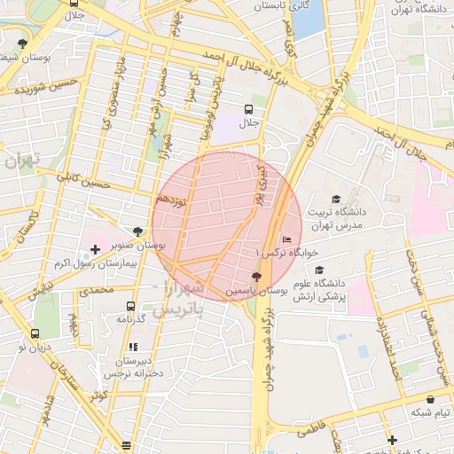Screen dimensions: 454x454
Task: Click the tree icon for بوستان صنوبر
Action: (137, 231)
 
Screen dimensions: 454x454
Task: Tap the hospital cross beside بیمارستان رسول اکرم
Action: (95, 249)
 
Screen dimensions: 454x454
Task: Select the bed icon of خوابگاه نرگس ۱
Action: (286, 239)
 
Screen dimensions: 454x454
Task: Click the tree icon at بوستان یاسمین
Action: (256, 277)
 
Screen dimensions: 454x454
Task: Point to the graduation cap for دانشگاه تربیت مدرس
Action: (335, 199)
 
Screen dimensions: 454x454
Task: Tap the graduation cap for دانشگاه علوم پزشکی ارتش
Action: (319, 270)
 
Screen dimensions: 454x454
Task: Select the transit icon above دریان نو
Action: (35, 334)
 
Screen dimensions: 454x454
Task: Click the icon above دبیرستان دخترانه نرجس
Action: (133, 347)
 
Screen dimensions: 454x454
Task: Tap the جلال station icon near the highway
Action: (249, 110)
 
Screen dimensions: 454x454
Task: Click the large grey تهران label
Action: (21, 162)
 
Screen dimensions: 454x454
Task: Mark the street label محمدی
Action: (97, 290)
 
